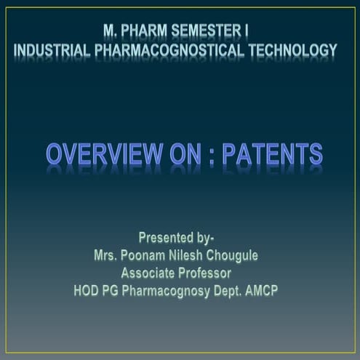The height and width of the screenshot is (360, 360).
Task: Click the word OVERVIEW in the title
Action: (x=105, y=154)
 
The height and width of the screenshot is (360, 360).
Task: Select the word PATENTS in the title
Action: (x=273, y=154)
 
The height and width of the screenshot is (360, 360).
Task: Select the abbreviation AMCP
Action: (x=263, y=292)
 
